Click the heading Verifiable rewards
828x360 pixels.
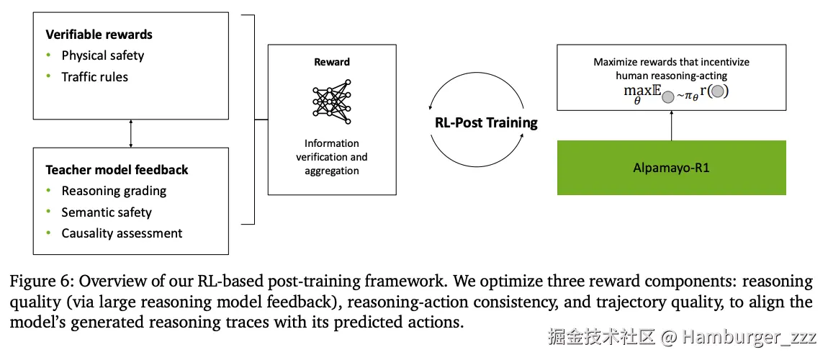(x=99, y=35)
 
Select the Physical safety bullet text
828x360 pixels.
(x=103, y=55)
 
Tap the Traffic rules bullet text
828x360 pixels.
(x=94, y=77)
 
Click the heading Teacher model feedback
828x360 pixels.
(x=117, y=170)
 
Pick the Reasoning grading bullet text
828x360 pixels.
(x=114, y=191)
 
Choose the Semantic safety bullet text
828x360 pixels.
(x=107, y=212)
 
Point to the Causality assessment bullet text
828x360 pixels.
(x=122, y=233)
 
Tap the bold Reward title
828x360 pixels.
(x=331, y=63)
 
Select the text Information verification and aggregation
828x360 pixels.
(x=331, y=157)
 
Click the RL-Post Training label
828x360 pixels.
(x=486, y=122)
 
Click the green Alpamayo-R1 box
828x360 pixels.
(x=671, y=168)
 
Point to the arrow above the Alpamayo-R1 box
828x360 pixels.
(x=671, y=126)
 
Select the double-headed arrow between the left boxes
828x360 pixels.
(x=130, y=133)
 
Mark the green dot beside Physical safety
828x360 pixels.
(x=49, y=55)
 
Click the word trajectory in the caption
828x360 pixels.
(x=564, y=302)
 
